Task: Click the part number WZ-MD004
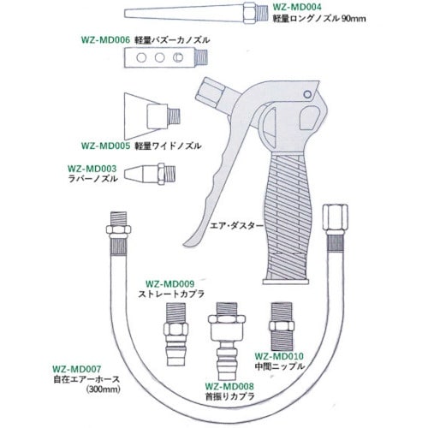pyautogui.click(x=297, y=6)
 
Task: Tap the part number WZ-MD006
pyautogui.click(x=105, y=39)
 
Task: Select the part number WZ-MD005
pyautogui.click(x=105, y=146)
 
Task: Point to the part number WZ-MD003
pyautogui.click(x=92, y=169)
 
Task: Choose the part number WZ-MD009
pyautogui.click(x=170, y=284)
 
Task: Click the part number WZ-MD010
pyautogui.click(x=279, y=356)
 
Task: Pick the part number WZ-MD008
pyautogui.click(x=229, y=386)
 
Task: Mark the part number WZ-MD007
pyautogui.click(x=77, y=369)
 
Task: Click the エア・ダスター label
pyautogui.click(x=236, y=226)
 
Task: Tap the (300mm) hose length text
pyautogui.click(x=103, y=389)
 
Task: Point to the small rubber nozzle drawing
pyautogui.click(x=150, y=174)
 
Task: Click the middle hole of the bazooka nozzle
pyautogui.click(x=160, y=57)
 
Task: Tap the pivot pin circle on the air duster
pyautogui.click(x=307, y=94)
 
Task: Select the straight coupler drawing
pyautogui.click(x=175, y=335)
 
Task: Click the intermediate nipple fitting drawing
pyautogui.click(x=282, y=327)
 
